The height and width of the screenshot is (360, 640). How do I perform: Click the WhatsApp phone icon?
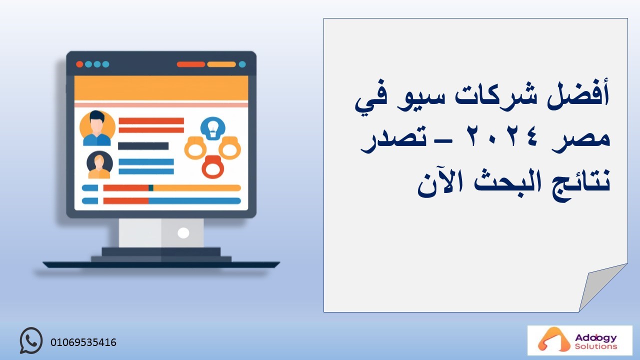point(31,340)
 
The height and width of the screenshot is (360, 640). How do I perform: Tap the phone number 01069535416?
point(83,342)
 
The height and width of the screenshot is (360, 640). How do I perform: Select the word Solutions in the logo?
point(596,346)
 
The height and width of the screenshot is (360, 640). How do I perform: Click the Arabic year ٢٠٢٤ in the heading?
point(502,137)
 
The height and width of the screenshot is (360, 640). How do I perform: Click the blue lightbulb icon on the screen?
point(213,128)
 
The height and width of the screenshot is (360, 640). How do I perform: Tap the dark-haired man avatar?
point(97,128)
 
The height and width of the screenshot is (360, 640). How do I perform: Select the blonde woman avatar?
point(99,164)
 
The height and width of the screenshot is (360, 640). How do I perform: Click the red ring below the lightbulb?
point(213,167)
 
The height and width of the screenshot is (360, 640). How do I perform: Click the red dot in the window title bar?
point(79,64)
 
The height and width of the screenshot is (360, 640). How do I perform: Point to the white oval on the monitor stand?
point(183,233)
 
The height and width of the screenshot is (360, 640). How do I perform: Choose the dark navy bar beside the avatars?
point(143,146)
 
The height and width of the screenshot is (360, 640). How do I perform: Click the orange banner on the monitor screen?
point(161,88)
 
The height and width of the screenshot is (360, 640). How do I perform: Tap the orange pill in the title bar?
point(221,64)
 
